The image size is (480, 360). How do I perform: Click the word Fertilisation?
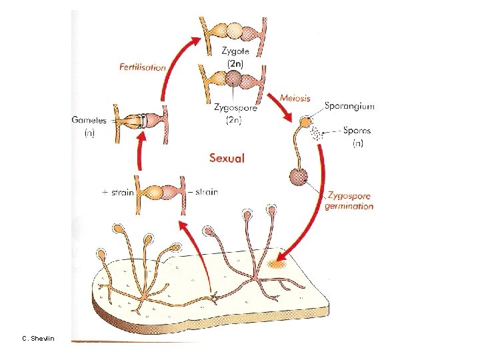143,67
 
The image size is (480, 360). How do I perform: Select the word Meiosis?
295,97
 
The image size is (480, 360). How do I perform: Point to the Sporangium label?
349,105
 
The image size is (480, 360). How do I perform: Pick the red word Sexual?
227,158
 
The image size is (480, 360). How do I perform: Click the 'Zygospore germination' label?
349,201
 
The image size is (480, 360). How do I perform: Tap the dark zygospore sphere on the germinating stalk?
297,177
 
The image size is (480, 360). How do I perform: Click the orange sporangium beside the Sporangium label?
305,123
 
